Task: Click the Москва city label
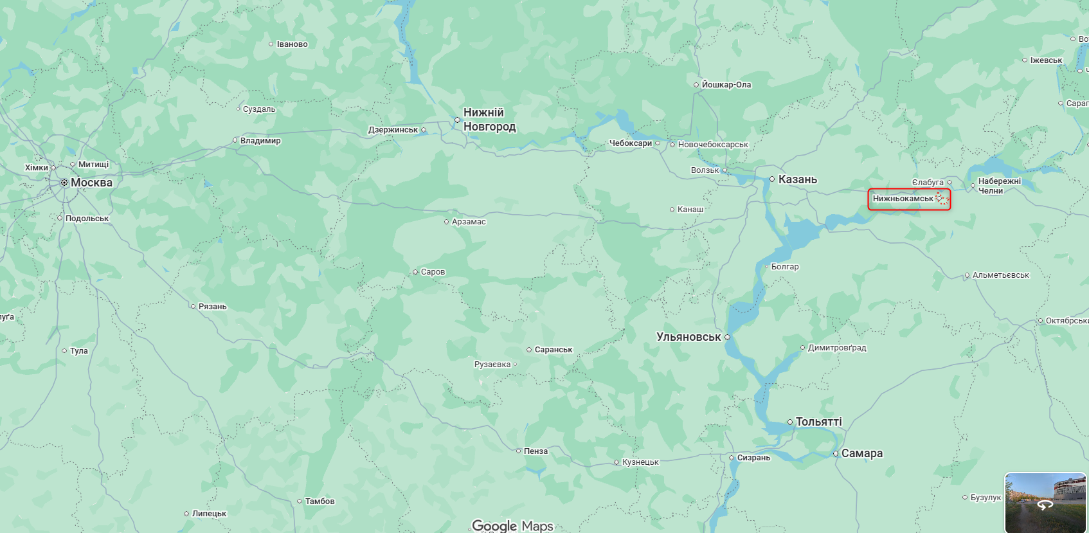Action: tap(91, 183)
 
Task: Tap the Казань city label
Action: tap(797, 179)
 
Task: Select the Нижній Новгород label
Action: tap(489, 120)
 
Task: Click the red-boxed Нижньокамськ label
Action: tap(903, 199)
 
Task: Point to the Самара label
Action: tap(861, 453)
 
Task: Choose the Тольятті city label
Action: tap(818, 422)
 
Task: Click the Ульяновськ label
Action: tap(688, 337)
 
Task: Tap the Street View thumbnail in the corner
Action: tap(1045, 502)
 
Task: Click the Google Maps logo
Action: tap(512, 526)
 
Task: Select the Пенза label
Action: tap(535, 451)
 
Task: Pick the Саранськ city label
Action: tap(553, 350)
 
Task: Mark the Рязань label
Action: tap(212, 307)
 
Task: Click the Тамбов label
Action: tap(319, 501)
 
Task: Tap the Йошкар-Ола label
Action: tap(726, 85)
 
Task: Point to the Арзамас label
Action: tap(469, 222)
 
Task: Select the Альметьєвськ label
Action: tap(1000, 275)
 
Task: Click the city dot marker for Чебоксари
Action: tap(658, 143)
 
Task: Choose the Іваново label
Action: tap(292, 44)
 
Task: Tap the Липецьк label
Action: tap(209, 514)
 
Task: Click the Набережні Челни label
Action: tap(999, 186)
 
